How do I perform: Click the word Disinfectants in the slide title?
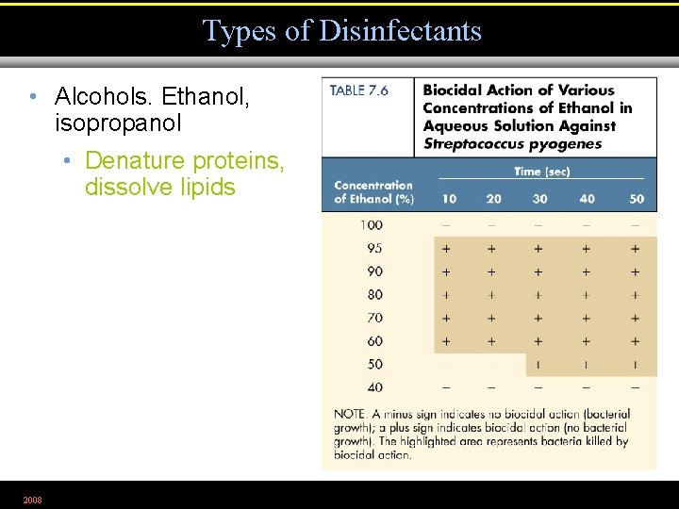coord(400,31)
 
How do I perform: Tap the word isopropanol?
coord(119,123)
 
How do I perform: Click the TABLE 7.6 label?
coord(359,91)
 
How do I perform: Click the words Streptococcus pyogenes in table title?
coord(512,144)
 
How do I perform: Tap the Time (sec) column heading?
coord(541,172)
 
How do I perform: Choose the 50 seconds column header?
coord(636,199)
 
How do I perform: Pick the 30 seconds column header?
coord(539,199)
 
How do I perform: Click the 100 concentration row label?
coord(372,225)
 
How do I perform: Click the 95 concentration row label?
coord(374,249)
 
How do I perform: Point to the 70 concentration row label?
coord(374,319)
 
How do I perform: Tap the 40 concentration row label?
coord(374,387)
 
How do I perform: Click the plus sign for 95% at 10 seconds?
coord(446,249)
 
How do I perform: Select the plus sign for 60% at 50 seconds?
coord(636,341)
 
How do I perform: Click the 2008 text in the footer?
coord(33,499)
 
